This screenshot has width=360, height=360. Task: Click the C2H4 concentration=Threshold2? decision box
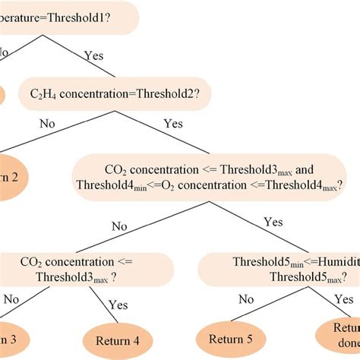[113, 93]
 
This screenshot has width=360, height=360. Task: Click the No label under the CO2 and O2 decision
[119, 225]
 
